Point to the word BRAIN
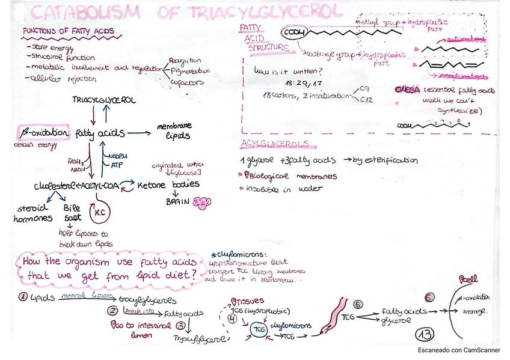[177, 202]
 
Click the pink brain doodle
[204, 204]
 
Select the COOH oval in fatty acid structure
[295, 32]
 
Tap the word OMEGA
[407, 89]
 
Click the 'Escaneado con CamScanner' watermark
[459, 350]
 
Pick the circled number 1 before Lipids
[22, 297]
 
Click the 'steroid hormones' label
[32, 213]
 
